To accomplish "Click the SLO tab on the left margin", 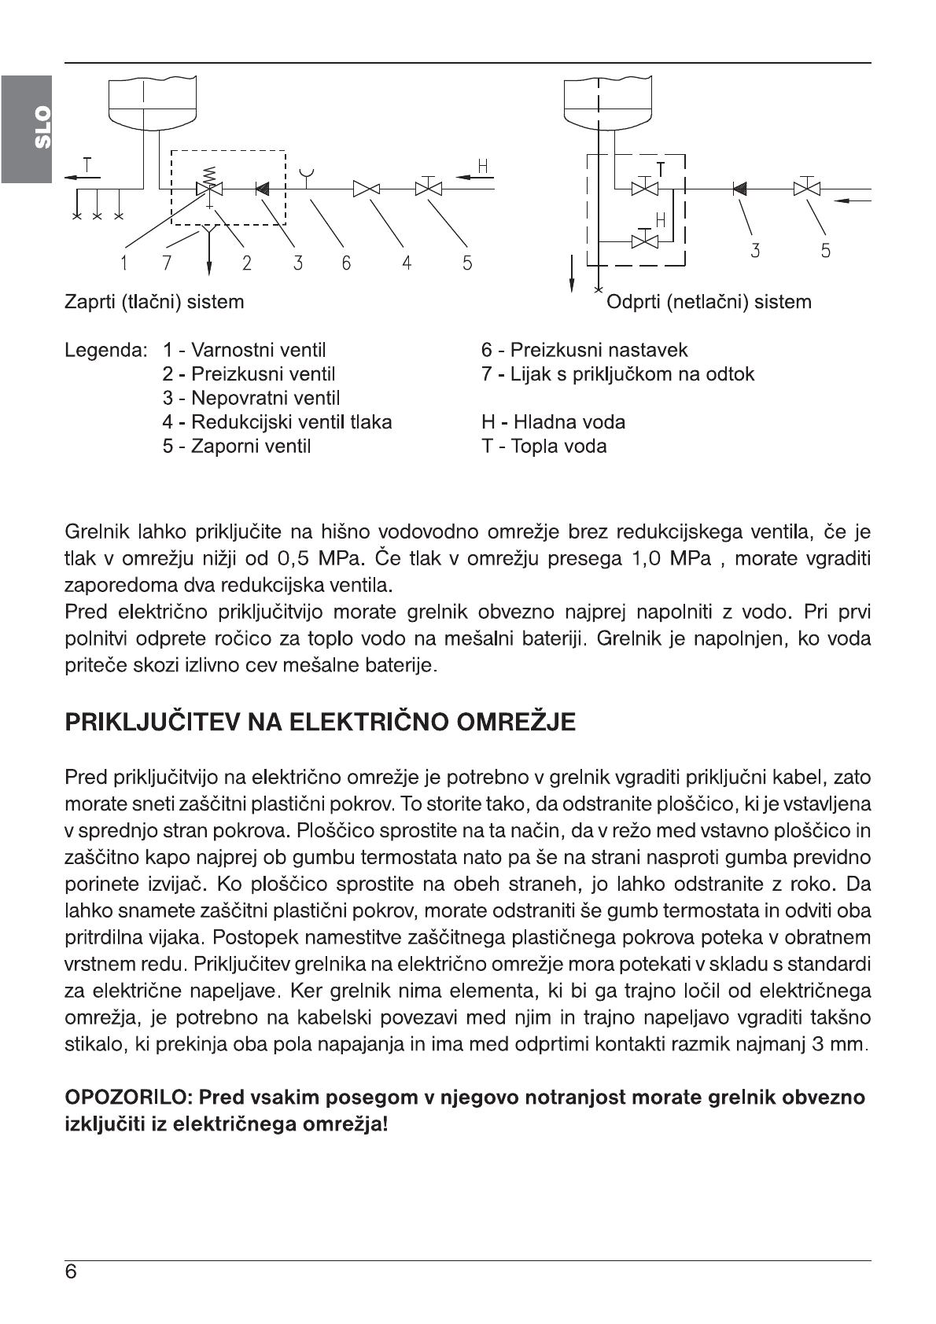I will [x=26, y=128].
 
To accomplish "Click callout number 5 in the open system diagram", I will [x=825, y=251].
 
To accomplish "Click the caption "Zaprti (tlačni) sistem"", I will [x=154, y=302].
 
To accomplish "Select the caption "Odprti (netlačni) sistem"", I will [x=709, y=302].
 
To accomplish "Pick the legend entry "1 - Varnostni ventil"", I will [x=244, y=351].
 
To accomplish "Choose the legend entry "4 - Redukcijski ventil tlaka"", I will [x=277, y=422].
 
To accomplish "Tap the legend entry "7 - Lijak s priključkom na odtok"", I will [x=617, y=374].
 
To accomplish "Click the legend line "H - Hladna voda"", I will [x=553, y=422].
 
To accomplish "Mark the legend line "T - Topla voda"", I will [x=544, y=447].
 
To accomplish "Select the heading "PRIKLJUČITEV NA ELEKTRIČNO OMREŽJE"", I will [x=320, y=723].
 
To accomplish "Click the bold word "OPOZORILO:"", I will [x=129, y=1097].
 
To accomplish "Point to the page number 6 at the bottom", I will [x=71, y=1272].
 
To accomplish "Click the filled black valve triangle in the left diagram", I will [x=263, y=188].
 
